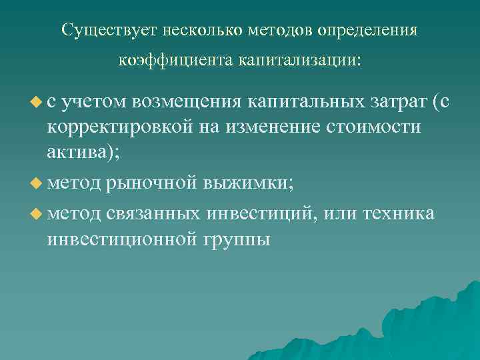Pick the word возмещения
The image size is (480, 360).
click(187, 101)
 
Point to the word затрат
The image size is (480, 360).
click(397, 101)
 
